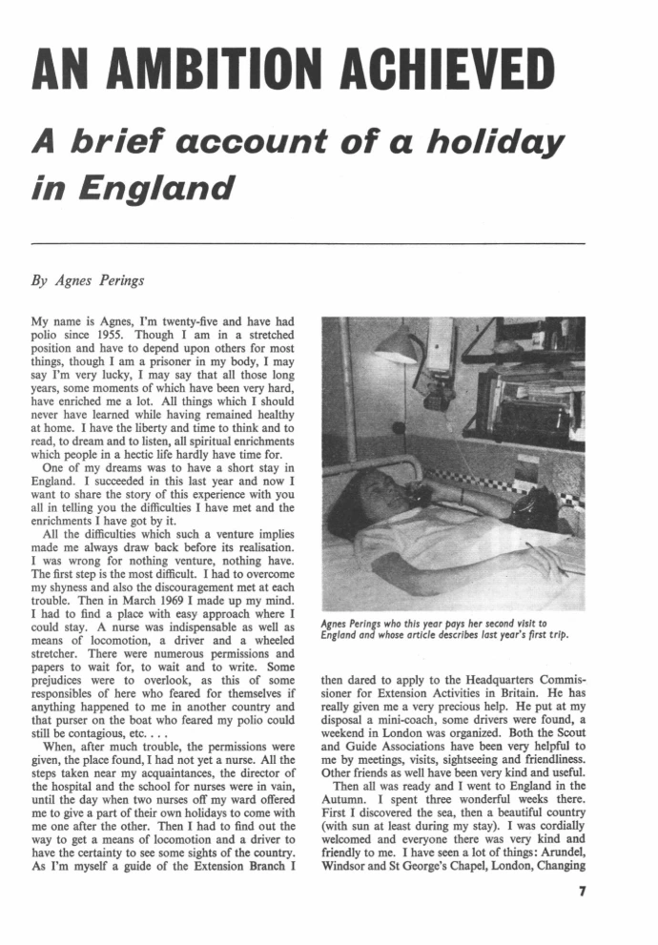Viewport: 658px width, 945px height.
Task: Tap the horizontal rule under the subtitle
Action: coord(308,244)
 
